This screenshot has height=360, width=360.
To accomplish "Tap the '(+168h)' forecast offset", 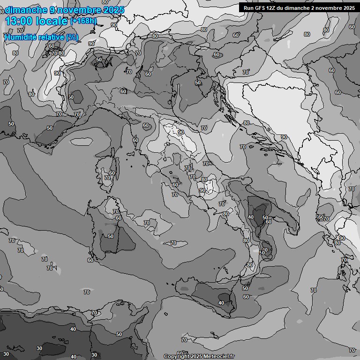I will [x=83, y=21].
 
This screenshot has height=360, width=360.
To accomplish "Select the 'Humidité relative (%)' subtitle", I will [x=42, y=37].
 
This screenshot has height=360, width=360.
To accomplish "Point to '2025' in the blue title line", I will [x=114, y=10].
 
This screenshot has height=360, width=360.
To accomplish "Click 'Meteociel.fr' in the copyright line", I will [x=218, y=356].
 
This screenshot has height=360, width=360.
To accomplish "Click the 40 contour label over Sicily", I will [x=221, y=303].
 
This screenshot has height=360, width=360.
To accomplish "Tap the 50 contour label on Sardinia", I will [x=111, y=236].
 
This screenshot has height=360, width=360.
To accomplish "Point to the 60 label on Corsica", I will [x=112, y=173].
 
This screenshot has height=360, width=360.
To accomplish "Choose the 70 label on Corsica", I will [x=107, y=178].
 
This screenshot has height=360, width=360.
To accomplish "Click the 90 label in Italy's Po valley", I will [x=181, y=132].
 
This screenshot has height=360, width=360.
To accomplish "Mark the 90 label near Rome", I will [x=202, y=190].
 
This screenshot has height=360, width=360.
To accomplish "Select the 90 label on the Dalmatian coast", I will [x=284, y=137].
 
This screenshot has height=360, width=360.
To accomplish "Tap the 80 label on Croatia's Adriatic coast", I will [x=246, y=123].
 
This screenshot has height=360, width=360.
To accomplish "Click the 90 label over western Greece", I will [x=342, y=238].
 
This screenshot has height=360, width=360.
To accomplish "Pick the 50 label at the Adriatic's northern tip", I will [x=198, y=82].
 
